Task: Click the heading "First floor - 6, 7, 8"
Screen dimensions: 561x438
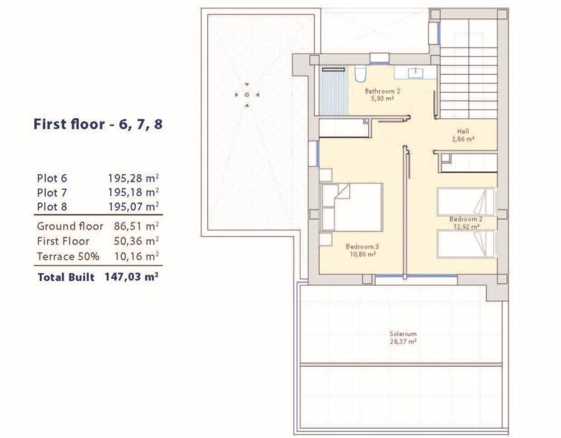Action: click(x=98, y=124)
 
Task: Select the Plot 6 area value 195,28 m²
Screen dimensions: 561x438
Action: click(x=134, y=178)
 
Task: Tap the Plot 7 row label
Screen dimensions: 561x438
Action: click(x=52, y=193)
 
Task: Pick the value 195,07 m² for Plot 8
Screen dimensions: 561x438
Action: click(x=134, y=206)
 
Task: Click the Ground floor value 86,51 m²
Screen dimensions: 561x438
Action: click(x=136, y=226)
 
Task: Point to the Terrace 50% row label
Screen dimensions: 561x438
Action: click(x=68, y=256)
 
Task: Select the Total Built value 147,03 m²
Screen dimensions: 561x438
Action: click(x=131, y=276)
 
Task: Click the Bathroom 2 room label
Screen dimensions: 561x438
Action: click(x=382, y=91)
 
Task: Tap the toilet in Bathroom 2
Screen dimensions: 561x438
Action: click(x=359, y=74)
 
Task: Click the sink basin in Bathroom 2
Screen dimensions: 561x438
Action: click(x=415, y=73)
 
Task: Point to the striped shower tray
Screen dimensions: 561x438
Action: click(x=334, y=90)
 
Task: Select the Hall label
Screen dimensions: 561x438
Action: click(x=463, y=131)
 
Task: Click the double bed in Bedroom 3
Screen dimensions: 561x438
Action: click(x=352, y=208)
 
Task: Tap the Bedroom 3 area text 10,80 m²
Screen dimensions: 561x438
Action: click(x=363, y=255)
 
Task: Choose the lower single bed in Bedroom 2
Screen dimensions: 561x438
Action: click(x=466, y=244)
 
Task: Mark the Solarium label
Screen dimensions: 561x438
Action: click(x=403, y=333)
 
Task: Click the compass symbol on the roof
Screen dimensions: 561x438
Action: click(x=247, y=95)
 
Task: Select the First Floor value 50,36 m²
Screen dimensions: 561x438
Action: click(x=136, y=241)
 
